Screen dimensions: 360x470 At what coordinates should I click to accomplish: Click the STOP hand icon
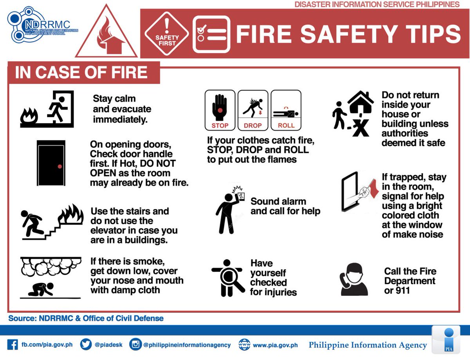tap(220, 110)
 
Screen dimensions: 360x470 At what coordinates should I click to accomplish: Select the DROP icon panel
tap(253, 110)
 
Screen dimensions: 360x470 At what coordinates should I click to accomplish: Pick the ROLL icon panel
tap(286, 110)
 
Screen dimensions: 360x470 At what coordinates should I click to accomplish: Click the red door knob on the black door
tap(60, 166)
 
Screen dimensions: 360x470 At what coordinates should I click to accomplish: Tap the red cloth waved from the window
tap(372, 187)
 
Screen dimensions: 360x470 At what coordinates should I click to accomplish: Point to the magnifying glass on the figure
tap(227, 277)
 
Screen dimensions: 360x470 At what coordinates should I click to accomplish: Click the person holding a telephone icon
tap(354, 279)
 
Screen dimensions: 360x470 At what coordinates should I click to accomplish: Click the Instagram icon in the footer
tap(135, 345)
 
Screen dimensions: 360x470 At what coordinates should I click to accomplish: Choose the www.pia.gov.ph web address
tap(275, 345)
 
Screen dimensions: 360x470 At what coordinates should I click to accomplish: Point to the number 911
tap(402, 290)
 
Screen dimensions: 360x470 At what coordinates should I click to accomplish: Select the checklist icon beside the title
tap(211, 34)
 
